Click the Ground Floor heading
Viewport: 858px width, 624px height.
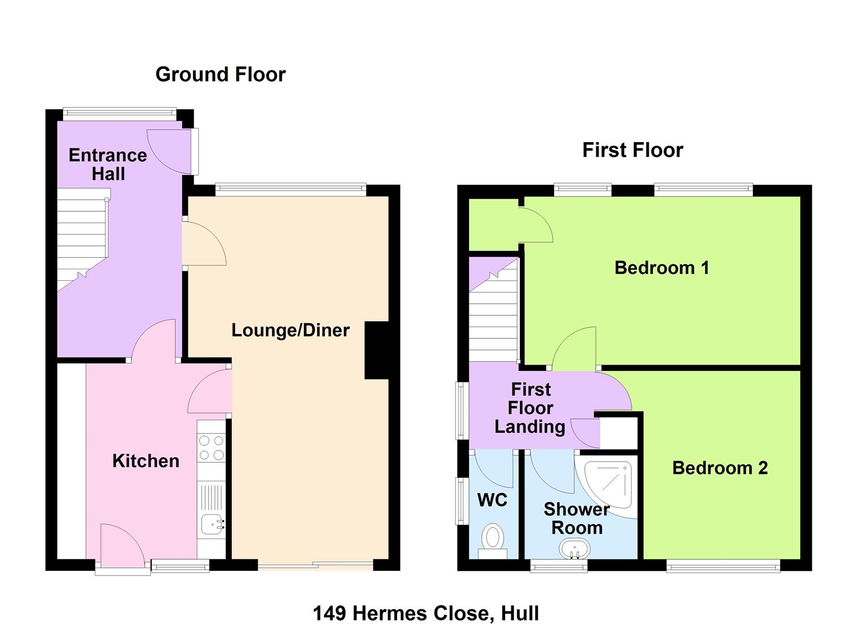(220, 75)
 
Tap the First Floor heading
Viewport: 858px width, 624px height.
(633, 150)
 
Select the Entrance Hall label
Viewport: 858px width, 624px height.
(108, 164)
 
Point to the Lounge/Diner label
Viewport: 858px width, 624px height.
(291, 330)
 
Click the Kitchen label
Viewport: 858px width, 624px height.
(146, 461)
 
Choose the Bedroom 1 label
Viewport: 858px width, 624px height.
(662, 268)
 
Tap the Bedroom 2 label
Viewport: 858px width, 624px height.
(720, 468)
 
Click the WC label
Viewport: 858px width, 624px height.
(492, 500)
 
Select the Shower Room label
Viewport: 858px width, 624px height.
(577, 518)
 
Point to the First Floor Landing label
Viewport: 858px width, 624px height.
(530, 408)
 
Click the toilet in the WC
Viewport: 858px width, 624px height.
(493, 542)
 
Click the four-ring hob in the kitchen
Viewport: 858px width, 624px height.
(211, 447)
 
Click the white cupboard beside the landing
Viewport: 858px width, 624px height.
(619, 433)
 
